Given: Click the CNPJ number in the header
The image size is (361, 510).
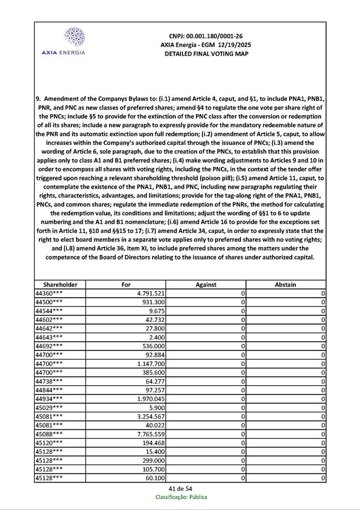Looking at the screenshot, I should [206, 36].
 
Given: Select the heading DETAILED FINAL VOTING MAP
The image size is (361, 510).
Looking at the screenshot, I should [206, 54].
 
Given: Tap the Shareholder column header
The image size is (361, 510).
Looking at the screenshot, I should [60, 284].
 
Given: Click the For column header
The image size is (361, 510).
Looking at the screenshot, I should [126, 284].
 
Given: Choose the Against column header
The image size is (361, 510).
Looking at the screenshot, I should [206, 284].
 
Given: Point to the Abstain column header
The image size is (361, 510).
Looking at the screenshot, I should [285, 284].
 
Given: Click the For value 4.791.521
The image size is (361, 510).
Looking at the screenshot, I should [149, 293].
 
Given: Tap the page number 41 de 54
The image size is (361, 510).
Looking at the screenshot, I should [180, 489].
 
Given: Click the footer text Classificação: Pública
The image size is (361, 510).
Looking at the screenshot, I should [181, 497].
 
